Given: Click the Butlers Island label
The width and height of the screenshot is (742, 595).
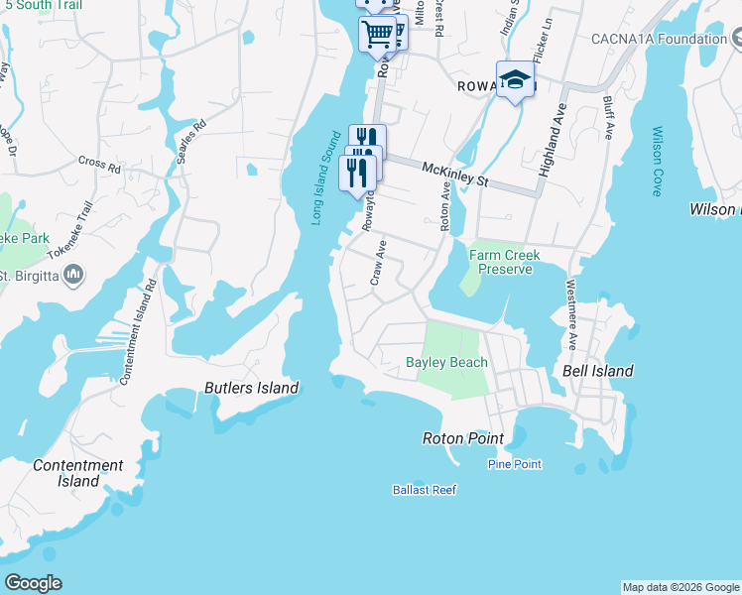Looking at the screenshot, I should [251, 388].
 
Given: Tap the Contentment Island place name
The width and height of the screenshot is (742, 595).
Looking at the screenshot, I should [78, 473].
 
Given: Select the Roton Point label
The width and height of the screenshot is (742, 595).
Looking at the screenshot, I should [463, 438].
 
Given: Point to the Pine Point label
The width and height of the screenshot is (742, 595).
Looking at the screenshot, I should [515, 464].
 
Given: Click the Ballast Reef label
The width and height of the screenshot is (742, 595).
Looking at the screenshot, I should [424, 490].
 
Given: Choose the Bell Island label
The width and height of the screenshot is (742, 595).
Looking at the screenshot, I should [597, 371].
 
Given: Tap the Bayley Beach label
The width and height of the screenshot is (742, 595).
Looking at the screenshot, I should [446, 362].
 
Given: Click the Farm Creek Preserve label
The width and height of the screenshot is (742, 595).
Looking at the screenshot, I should [504, 262].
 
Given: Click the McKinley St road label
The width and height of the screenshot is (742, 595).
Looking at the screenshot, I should [456, 176].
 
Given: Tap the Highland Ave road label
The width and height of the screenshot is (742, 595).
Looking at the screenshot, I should [552, 140].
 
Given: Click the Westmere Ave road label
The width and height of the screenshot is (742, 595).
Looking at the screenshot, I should [571, 315].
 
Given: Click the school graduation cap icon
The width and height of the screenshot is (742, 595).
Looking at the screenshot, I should [515, 79].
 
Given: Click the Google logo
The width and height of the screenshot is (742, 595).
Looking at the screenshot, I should [33, 583].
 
